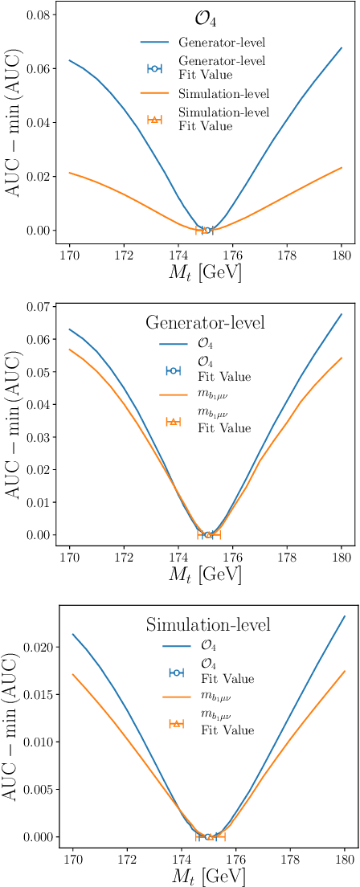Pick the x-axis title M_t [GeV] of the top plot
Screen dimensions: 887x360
[x=206, y=272]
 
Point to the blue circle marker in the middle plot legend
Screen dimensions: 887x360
[x=171, y=370]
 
